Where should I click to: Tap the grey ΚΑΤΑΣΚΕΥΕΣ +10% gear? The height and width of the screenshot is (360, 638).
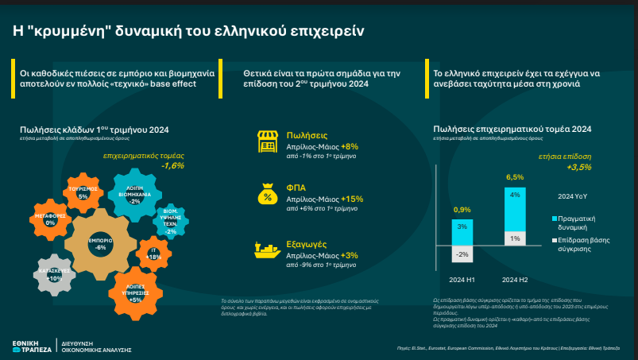pos(55,275)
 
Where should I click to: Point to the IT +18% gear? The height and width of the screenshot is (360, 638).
pos(154,254)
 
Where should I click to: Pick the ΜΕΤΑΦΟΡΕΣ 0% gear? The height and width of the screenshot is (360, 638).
pos(50,219)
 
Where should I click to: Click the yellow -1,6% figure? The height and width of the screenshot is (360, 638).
pos(172,165)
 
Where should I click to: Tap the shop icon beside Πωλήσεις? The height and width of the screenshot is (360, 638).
pos(266,141)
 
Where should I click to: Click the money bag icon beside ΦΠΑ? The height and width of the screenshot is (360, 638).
pos(266,195)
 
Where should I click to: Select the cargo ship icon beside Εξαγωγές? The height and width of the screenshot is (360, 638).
pos(266,250)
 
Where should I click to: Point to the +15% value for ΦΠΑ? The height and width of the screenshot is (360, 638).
pos(351,199)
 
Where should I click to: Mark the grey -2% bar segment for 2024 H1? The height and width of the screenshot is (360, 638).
pos(462,254)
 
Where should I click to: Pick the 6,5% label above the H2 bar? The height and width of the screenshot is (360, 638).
pos(514,177)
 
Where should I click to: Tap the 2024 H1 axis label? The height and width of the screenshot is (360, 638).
pos(462,279)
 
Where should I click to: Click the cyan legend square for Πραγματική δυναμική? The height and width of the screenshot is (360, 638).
pos(554,217)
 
